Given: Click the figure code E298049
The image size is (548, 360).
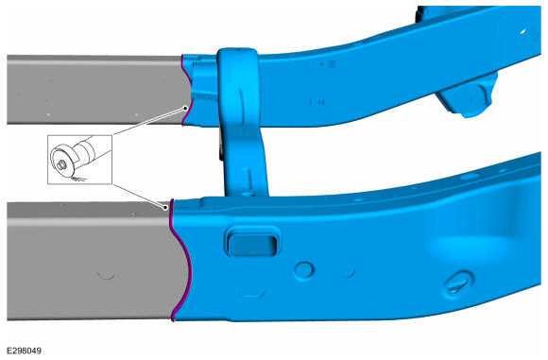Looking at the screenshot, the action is coord(25,351).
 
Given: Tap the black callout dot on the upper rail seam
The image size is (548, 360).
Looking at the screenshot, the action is coord(185,109).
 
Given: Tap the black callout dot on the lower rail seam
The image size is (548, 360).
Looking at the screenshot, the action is coord(165,208).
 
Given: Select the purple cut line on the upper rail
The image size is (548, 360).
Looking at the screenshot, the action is coord(187,90).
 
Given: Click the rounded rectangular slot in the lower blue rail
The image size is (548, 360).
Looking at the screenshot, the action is coord(252,244).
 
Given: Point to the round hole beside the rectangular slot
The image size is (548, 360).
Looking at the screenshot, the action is coord(304,270).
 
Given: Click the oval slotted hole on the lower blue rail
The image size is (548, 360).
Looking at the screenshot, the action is coord(457,283).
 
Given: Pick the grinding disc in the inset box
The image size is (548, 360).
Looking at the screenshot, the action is coord(62,162).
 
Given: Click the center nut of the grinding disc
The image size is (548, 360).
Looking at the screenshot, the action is coord(61,165).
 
